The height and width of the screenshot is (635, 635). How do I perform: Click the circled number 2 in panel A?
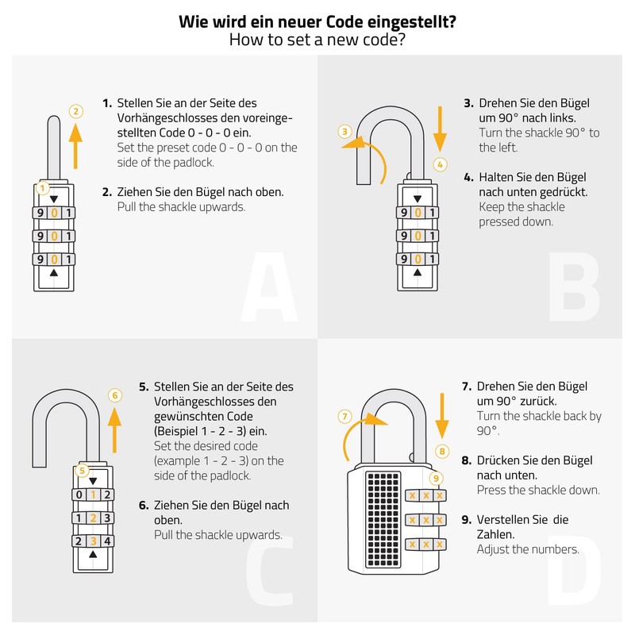(75, 111)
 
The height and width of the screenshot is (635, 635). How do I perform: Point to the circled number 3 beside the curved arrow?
(344, 131)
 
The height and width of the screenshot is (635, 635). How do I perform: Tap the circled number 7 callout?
(344, 416)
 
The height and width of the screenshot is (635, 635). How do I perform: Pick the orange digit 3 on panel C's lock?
(93, 541)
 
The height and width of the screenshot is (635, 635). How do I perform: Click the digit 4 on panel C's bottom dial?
(108, 541)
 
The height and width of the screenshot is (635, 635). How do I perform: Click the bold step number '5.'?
(144, 387)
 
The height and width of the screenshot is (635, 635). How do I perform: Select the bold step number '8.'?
(467, 460)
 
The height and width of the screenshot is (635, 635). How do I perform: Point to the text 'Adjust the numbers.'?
(527, 549)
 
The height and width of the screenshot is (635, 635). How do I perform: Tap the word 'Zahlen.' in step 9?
(498, 534)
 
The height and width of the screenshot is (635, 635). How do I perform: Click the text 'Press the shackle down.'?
(537, 490)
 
